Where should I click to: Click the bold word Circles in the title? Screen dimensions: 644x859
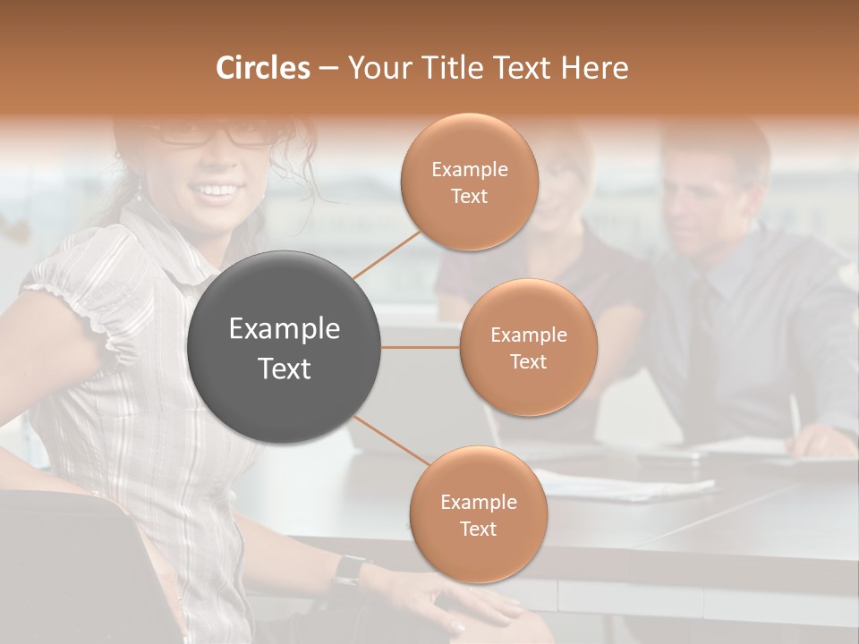coord(262,68)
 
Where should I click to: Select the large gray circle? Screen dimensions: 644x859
coord(285,347)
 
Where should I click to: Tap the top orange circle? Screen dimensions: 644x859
coord(470,182)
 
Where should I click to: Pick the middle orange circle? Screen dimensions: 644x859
coord(528,347)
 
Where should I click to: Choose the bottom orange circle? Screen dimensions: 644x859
coord(478,514)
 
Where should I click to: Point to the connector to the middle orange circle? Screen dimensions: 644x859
coord(421,347)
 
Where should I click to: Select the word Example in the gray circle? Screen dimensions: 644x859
coord(285,329)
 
